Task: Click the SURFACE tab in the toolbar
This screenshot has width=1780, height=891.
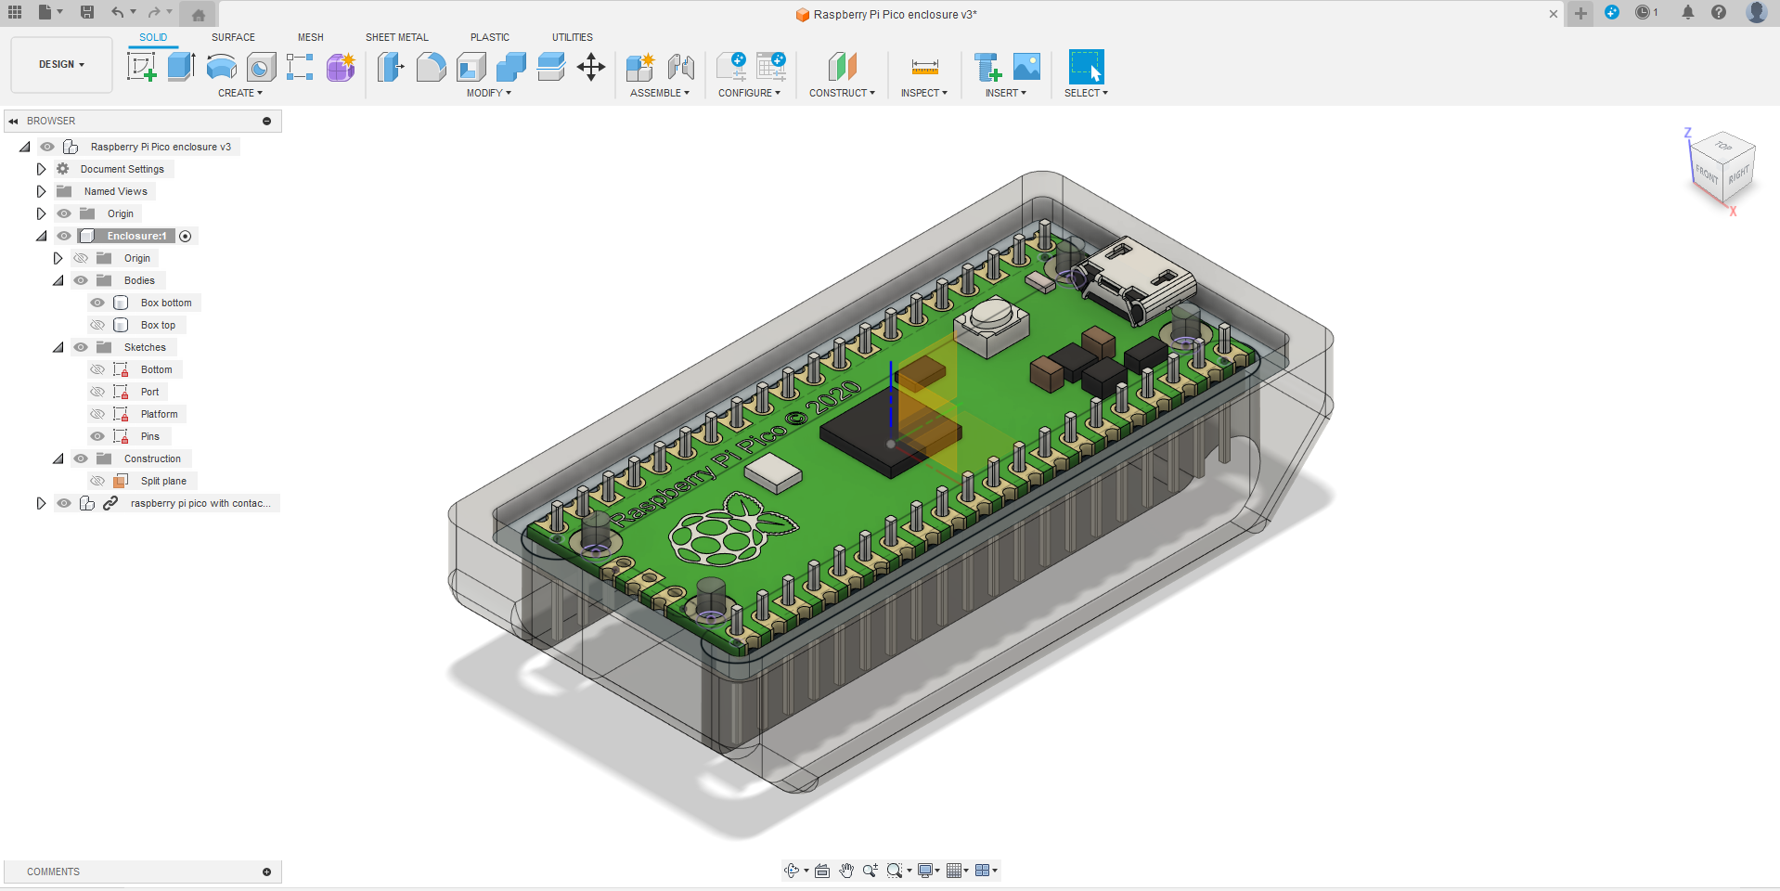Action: [233, 37]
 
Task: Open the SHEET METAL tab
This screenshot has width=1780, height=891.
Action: [396, 37]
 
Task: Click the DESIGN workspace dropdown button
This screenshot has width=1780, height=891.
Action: [61, 65]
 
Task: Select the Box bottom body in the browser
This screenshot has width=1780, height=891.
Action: [166, 303]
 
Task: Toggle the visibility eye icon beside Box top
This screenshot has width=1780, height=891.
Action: [97, 325]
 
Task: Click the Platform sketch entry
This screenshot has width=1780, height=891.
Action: [159, 414]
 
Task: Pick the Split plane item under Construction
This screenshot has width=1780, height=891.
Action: [163, 481]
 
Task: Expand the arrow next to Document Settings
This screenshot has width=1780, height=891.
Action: [41, 169]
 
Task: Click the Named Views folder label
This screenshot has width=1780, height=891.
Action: [115, 191]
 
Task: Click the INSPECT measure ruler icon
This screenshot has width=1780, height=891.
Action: [924, 67]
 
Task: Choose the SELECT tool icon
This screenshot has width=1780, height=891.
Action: [1086, 67]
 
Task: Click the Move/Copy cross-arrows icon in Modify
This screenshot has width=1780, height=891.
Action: [591, 67]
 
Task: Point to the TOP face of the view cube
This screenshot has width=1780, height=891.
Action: [1723, 147]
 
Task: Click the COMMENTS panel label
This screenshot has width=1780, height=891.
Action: [53, 872]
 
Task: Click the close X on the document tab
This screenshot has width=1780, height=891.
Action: [1554, 14]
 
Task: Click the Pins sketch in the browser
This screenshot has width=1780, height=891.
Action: [149, 436]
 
